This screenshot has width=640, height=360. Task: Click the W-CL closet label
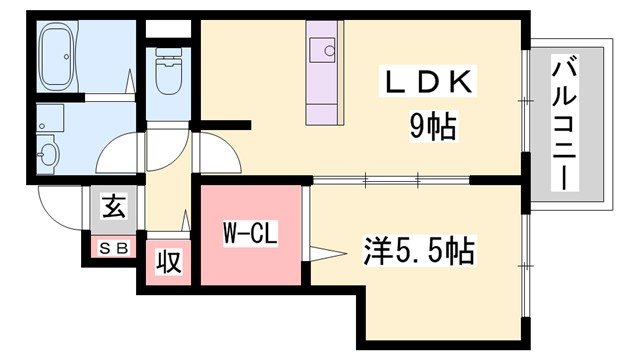pos(249,236)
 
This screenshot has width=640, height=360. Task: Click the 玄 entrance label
pos(112,211)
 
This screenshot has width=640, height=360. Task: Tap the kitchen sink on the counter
pos(323,49)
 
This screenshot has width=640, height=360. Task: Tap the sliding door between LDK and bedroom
pos(390,182)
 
